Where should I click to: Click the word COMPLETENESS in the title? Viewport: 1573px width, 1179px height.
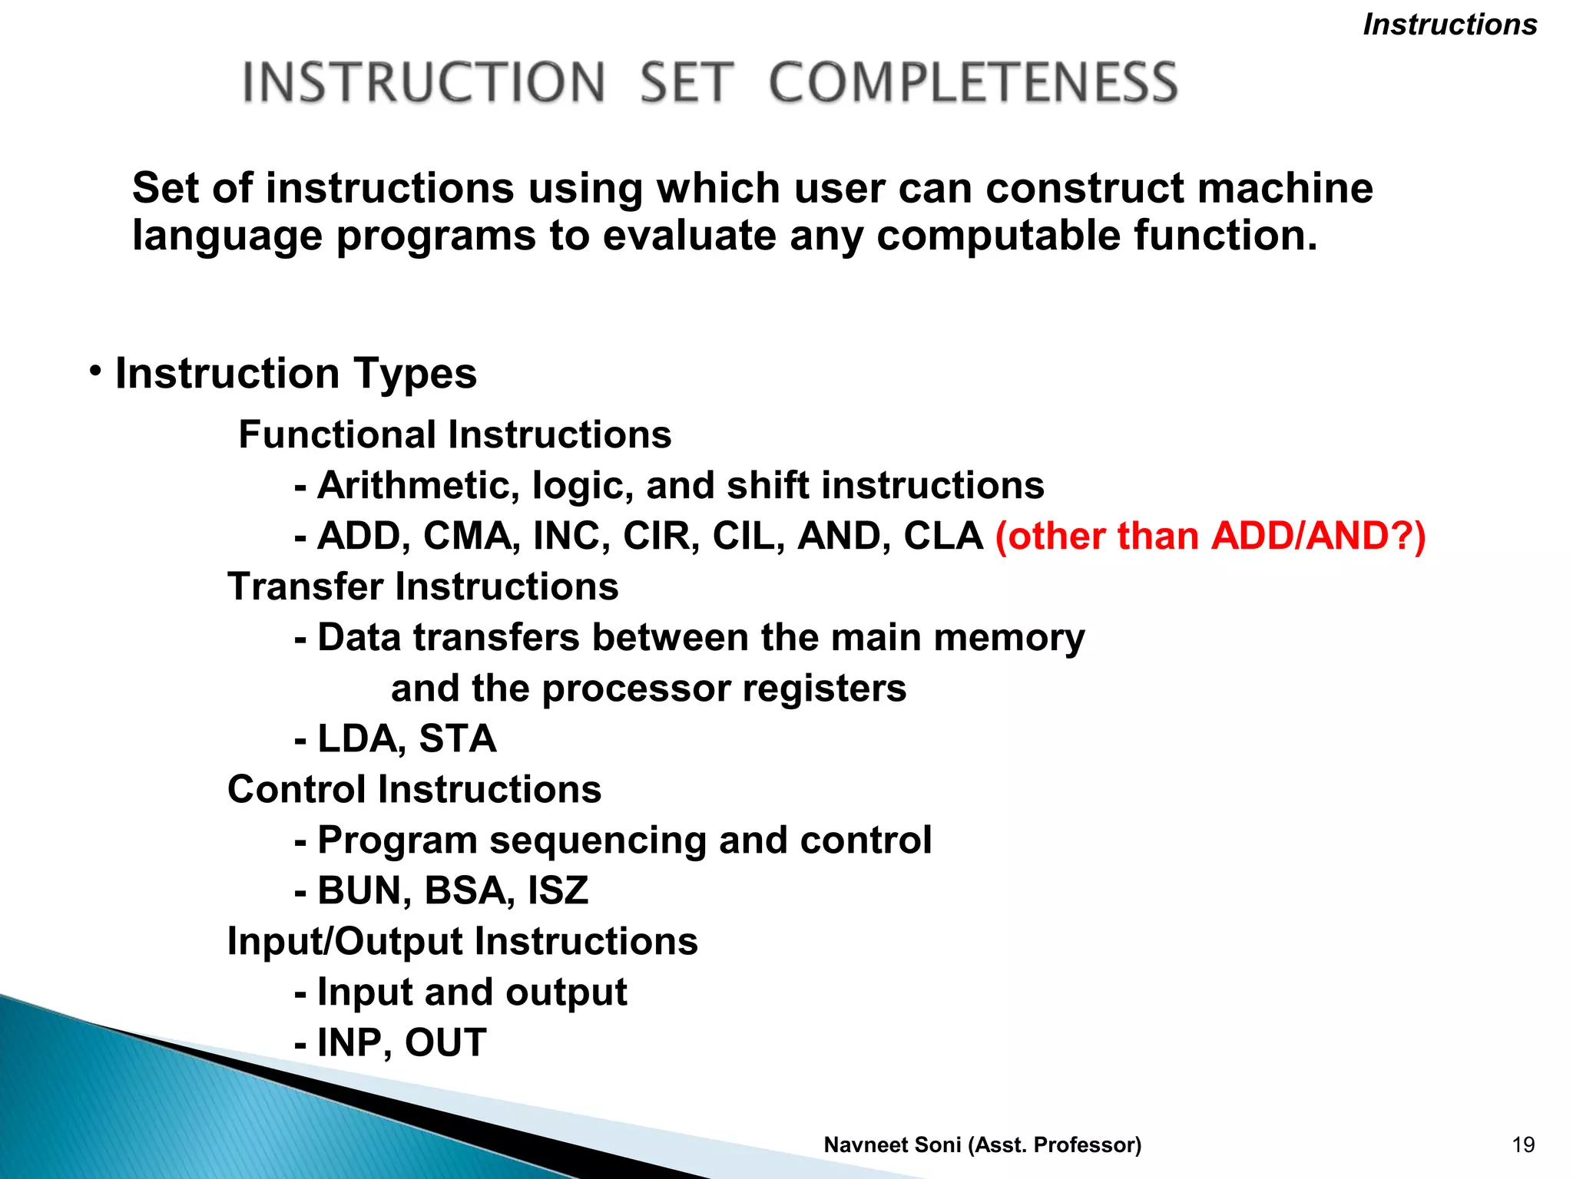click(x=973, y=82)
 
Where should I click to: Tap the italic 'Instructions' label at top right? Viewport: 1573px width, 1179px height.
click(x=1449, y=25)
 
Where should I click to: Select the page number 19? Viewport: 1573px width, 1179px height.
click(x=1522, y=1144)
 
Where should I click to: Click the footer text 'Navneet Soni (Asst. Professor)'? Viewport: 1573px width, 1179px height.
click(x=982, y=1144)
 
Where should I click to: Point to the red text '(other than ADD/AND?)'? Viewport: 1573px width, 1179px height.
click(x=1210, y=536)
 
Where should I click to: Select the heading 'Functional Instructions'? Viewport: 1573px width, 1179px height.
click(x=455, y=434)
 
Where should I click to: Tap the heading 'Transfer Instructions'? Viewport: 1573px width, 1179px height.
click(x=422, y=586)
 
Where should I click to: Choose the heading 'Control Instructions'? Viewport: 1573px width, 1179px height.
click(x=414, y=789)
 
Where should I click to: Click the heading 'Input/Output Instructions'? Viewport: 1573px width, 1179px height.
click(x=462, y=941)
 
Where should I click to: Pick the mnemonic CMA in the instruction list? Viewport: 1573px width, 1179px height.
click(x=467, y=536)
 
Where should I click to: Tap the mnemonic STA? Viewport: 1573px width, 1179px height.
click(x=458, y=738)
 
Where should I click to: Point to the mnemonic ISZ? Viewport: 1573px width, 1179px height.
click(x=558, y=890)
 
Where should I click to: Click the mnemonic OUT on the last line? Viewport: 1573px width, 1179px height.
click(x=445, y=1042)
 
